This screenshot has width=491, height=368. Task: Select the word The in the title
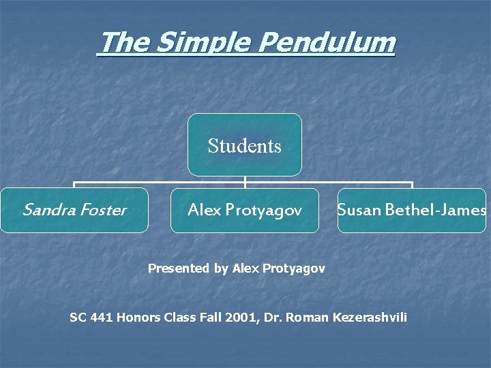click(124, 43)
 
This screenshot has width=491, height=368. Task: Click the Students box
click(245, 145)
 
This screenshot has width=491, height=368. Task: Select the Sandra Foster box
click(74, 210)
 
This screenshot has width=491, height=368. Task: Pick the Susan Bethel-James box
click(412, 210)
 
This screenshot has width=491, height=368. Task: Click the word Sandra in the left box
click(46, 210)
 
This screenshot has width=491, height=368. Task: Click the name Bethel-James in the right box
click(436, 210)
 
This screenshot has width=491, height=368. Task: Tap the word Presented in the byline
click(179, 269)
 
